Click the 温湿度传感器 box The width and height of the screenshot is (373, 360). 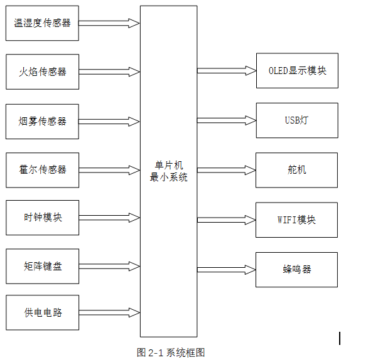coord(42,23)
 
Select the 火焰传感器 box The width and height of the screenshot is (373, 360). coord(42,72)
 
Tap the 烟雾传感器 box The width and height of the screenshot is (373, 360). coord(42,121)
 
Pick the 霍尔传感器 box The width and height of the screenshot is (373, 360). coord(42,170)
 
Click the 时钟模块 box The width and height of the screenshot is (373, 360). coord(42,218)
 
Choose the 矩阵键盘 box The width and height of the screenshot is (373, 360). coord(42,267)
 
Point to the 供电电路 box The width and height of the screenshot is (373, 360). coord(42,312)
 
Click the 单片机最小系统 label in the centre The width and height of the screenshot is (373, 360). coord(168,171)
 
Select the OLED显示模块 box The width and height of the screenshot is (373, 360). coord(296,71)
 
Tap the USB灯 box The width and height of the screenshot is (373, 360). coord(296,120)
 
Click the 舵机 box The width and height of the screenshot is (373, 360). coord(296,170)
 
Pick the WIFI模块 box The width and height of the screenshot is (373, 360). coord(296,220)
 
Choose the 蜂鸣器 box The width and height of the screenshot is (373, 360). coord(296,270)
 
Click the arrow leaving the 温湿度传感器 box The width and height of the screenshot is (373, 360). coord(109,23)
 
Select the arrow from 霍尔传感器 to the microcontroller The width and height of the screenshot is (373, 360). coord(109,170)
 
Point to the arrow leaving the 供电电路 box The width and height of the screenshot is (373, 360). coord(109,312)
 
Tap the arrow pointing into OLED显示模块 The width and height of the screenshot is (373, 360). coord(226,71)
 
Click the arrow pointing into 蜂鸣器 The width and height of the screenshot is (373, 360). coord(226,270)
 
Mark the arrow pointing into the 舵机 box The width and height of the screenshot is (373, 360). coord(226,170)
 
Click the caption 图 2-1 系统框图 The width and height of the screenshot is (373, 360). coord(171,352)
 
